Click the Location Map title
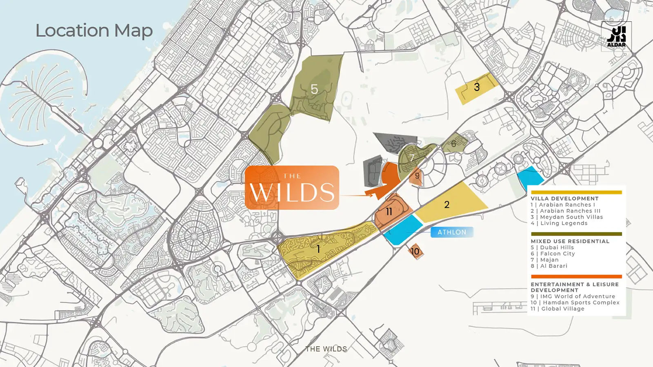click(x=94, y=31)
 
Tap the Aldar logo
click(x=616, y=36)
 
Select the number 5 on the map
click(x=314, y=89)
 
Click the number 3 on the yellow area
click(x=477, y=87)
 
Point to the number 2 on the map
click(x=447, y=204)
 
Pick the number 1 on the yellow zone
click(x=318, y=248)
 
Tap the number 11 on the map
click(x=389, y=211)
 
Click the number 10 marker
click(x=415, y=251)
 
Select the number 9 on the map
click(x=417, y=176)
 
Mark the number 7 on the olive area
click(x=412, y=157)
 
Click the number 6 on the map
click(x=453, y=144)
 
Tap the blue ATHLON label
click(x=452, y=232)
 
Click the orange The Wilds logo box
click(x=292, y=188)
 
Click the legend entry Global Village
click(x=562, y=309)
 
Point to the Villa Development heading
click(x=564, y=199)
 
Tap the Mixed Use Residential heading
click(x=570, y=241)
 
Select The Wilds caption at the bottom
click(x=326, y=349)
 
